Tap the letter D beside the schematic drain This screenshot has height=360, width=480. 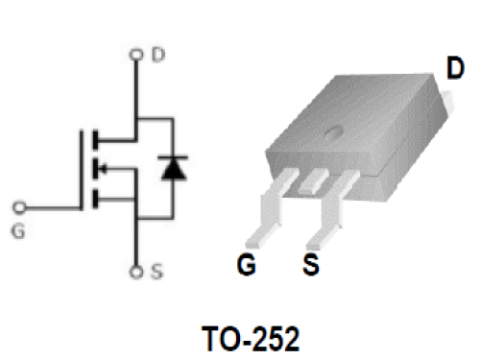coord(157,55)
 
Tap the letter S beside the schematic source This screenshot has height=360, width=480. coord(156,272)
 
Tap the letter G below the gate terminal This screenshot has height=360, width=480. coord(16,229)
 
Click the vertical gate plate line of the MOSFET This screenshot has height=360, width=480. coord(82,170)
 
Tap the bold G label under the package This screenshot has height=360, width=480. coord(248,264)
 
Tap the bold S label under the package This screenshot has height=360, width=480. coord(310,264)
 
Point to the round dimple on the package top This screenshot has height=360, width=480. coord(333,132)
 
